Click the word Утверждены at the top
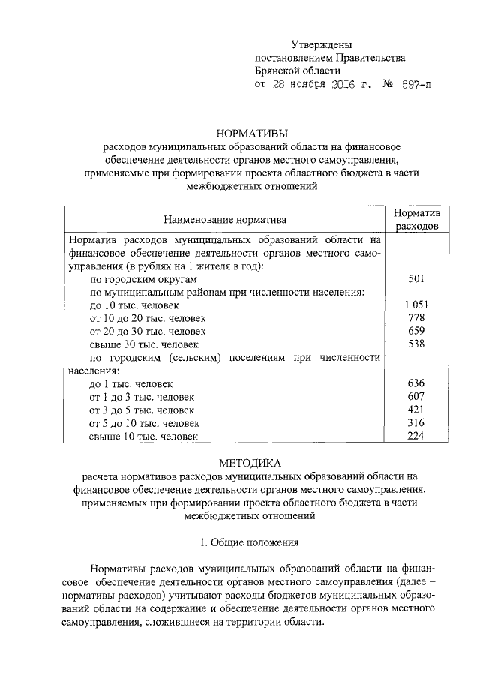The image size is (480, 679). pyautogui.click(x=320, y=47)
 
